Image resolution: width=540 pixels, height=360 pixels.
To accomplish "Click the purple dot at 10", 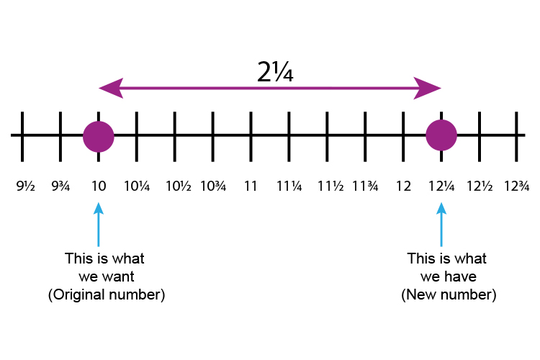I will [99, 135].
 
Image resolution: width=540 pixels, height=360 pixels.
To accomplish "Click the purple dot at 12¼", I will [441, 135].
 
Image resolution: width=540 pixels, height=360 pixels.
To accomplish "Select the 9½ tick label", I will [25, 186].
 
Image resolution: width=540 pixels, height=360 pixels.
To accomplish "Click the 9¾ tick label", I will [62, 186].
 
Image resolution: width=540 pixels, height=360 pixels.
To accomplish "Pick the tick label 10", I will [99, 186].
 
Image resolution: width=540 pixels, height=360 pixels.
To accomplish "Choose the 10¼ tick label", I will [136, 186].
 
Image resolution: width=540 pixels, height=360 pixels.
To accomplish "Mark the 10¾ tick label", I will [213, 186].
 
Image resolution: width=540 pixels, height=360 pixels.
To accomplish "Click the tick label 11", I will [251, 186].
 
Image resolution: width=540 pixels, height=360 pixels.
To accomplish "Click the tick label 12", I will [403, 186].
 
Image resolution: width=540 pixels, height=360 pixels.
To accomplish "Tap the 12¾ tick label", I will [516, 186].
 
